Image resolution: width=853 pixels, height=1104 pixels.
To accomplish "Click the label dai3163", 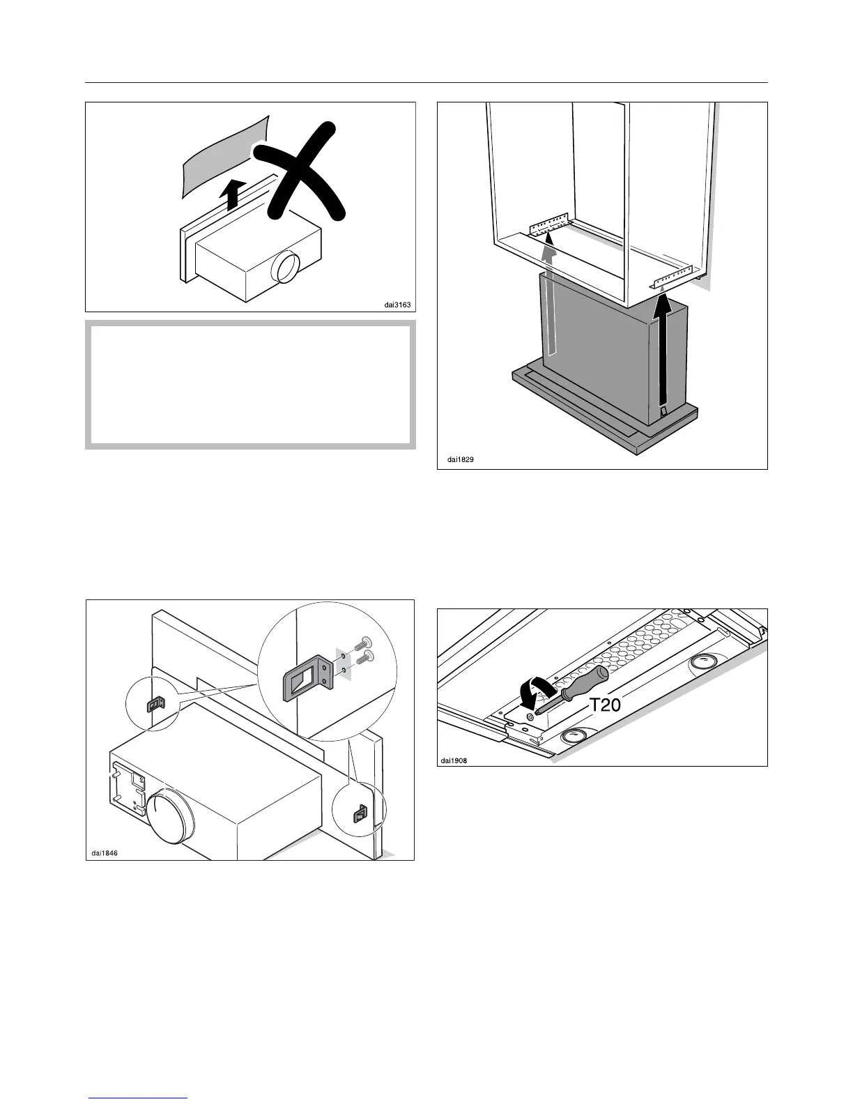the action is pos(399,304).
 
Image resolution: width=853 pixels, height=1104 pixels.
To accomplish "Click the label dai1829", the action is pos(461,460).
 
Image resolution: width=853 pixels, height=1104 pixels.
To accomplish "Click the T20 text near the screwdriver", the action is pos(605,706).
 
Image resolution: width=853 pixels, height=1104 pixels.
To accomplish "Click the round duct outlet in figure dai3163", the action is pos(287,267).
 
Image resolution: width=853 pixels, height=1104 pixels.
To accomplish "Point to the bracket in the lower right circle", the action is pos(360,813).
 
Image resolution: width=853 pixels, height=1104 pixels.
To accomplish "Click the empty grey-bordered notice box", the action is pos(250,384).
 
